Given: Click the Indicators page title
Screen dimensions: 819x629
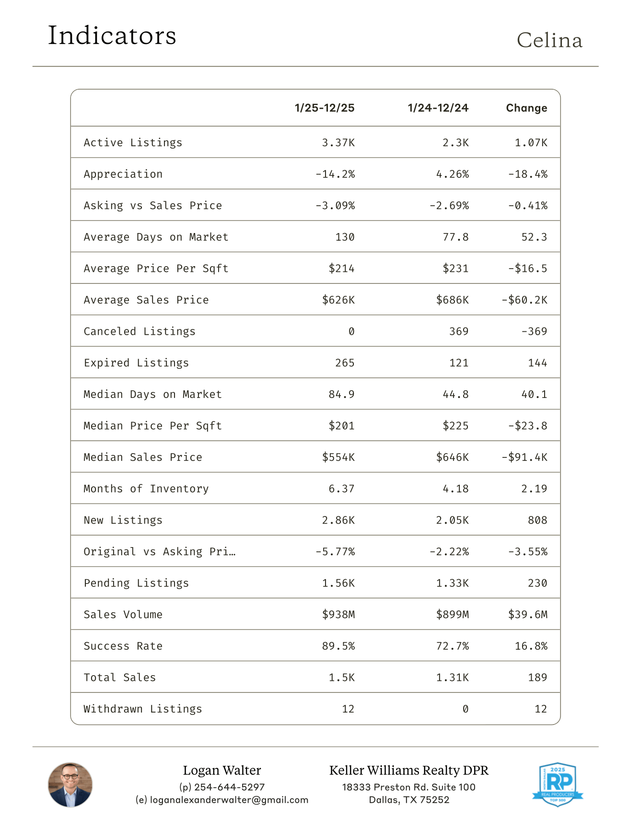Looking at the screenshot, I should coord(112,36).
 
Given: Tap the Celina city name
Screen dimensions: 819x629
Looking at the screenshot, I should coord(549,41).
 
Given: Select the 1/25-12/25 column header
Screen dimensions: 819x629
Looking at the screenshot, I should coord(325,108).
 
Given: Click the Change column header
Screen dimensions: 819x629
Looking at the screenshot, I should coord(526,108).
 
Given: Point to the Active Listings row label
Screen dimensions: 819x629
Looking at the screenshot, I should coord(133,142).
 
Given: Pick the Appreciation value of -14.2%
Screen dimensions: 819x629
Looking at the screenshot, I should coord(335,174).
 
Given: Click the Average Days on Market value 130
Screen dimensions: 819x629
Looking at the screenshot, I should coord(345,237).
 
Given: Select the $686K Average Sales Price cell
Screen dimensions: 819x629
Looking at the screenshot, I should coord(452,300).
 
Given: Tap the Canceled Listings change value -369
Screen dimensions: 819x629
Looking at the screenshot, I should coord(534,331).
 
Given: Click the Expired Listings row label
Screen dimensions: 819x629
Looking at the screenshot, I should coord(136,363).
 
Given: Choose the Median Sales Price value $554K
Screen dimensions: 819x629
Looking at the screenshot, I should coord(338,457).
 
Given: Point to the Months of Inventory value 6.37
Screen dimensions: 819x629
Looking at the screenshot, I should coord(341,489).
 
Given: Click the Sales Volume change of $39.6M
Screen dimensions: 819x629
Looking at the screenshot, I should coord(527,615).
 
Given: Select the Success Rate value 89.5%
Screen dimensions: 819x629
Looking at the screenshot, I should coord(338,646).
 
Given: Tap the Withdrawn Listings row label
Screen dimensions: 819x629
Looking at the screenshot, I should coord(143,709).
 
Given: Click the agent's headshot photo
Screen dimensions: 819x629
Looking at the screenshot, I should coord(70,784).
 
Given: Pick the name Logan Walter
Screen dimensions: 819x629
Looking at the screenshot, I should coord(222,771).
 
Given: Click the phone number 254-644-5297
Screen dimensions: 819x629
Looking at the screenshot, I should coord(229,787).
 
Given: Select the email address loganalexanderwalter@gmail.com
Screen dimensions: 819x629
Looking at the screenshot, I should coord(229,800).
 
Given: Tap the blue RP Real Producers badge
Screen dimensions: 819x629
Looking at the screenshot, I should coord(558,784).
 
